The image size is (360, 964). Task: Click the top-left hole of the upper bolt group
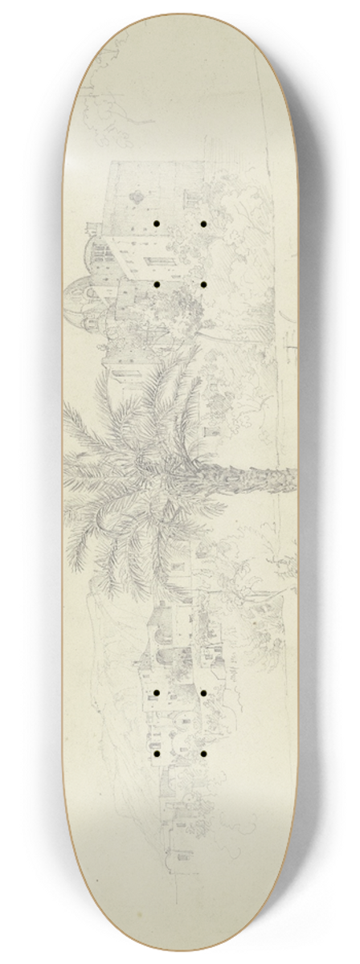coord(157,198)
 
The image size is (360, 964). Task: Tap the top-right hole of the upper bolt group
coord(204,198)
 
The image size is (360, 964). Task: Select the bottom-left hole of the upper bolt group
coord(157,284)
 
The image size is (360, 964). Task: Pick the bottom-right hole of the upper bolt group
coord(204,284)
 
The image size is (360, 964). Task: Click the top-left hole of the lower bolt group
coord(157,692)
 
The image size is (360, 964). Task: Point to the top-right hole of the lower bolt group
coord(204,692)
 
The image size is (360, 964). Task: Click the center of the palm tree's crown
coord(149,466)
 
